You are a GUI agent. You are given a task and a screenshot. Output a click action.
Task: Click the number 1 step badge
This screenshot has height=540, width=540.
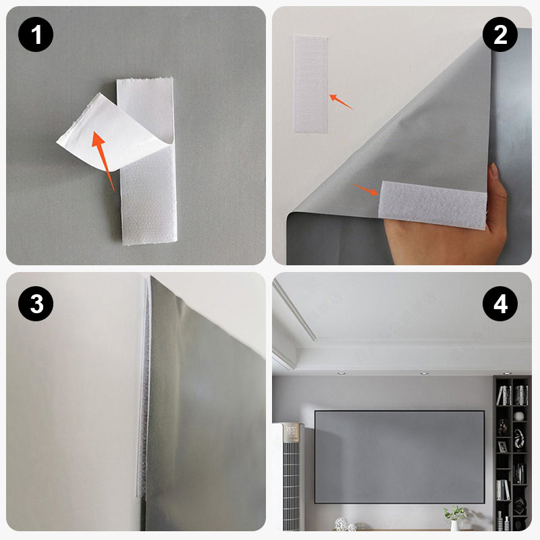coord(36,34)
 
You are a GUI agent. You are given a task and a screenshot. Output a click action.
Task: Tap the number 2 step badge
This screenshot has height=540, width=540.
coord(500,34)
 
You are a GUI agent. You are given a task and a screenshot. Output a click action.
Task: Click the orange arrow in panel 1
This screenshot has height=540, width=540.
coord(105,159)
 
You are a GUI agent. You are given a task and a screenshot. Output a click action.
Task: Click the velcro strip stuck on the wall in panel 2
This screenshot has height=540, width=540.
coord(310,84)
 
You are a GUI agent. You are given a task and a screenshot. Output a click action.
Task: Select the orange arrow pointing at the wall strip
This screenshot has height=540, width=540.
coord(342,102)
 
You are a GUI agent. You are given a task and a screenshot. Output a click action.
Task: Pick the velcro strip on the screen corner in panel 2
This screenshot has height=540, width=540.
coord(433,205)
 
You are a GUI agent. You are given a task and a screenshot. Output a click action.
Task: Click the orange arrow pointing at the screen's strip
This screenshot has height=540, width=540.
coord(367,191)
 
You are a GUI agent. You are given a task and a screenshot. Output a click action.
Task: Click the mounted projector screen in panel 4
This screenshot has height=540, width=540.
coord(400,456)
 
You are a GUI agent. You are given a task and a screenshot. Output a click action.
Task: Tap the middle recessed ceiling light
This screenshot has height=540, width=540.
coord(424,372)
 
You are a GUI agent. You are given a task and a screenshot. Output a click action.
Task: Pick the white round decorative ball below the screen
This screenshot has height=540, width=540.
coord(342,524)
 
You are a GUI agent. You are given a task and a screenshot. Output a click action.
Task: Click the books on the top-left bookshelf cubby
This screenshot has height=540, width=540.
coord(503,396)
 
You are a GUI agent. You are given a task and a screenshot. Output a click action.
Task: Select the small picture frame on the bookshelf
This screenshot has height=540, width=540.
coord(502,447)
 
